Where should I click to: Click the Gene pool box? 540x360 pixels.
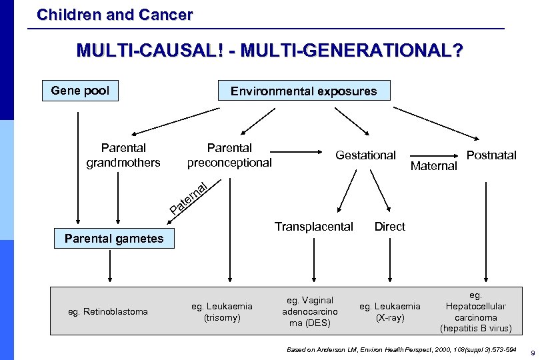(x=80, y=91)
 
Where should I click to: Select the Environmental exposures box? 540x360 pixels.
(x=304, y=91)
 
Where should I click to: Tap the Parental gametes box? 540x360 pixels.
(x=114, y=239)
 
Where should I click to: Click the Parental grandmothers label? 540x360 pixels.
(x=123, y=155)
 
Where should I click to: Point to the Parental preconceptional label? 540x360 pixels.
(x=229, y=155)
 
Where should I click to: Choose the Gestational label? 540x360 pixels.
(x=365, y=155)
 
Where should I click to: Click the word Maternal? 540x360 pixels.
(x=434, y=166)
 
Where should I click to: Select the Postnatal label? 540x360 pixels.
(x=491, y=155)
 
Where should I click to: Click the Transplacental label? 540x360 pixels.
(x=314, y=227)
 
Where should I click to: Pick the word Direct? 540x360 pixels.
(x=389, y=227)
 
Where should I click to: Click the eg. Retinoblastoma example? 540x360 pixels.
(x=109, y=311)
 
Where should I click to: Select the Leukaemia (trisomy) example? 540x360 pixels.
(x=222, y=311)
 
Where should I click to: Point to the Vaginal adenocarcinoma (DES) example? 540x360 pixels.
(x=310, y=311)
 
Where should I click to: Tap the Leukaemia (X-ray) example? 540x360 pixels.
(x=390, y=311)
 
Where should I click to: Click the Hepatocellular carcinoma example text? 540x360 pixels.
(x=475, y=311)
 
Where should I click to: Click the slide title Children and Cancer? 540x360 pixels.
(x=115, y=14)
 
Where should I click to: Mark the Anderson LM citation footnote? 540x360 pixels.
(x=401, y=349)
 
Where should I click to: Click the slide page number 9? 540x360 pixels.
(x=531, y=352)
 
